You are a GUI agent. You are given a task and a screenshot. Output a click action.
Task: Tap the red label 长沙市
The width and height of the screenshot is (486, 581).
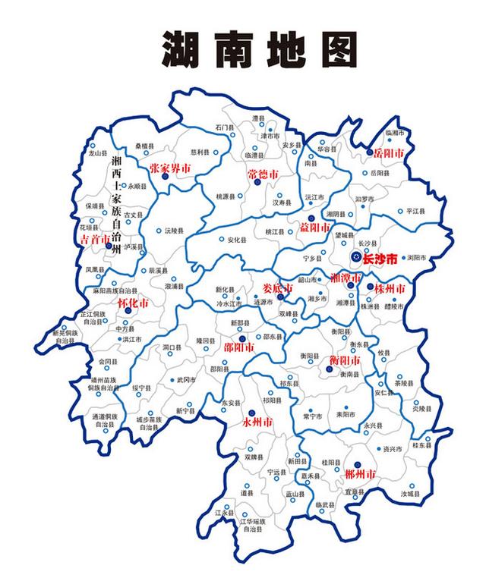(x=380, y=259)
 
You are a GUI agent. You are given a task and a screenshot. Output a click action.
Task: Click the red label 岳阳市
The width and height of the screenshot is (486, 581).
(x=388, y=152)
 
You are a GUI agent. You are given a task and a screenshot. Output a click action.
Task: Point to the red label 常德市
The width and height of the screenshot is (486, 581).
(x=263, y=174)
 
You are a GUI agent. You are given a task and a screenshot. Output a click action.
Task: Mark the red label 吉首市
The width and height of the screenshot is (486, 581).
(x=95, y=238)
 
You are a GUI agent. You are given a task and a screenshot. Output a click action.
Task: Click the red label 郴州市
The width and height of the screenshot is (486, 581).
(x=359, y=475)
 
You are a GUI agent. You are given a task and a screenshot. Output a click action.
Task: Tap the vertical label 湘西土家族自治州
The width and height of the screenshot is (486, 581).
(x=116, y=206)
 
